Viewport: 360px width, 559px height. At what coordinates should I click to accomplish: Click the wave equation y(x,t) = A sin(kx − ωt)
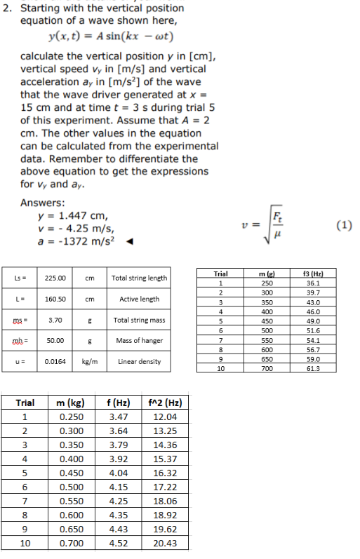click(111, 36)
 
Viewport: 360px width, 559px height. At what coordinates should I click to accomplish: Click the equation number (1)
click(344, 226)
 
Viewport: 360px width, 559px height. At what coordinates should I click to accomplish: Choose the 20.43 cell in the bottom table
click(164, 544)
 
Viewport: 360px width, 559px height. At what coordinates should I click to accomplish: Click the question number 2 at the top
click(8, 8)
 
